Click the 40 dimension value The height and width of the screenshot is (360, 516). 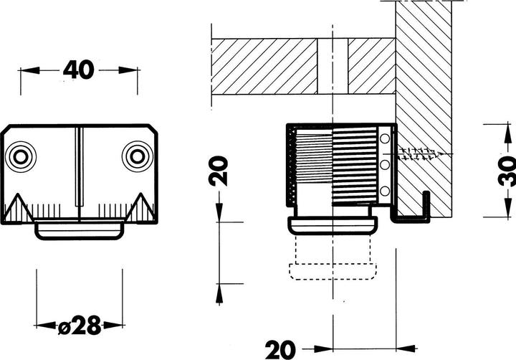tap(79, 70)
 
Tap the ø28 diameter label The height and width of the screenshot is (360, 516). tap(79, 327)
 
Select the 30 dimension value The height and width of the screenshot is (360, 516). tap(506, 171)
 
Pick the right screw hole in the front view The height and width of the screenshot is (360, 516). tap(135, 156)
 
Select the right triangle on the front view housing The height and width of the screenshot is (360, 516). tap(140, 209)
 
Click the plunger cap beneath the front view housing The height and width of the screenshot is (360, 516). tap(79, 230)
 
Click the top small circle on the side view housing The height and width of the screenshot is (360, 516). tap(385, 138)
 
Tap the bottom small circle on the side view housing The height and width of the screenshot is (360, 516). tap(385, 191)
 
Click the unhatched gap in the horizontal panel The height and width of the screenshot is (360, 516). tap(333, 65)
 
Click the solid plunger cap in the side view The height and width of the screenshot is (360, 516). tap(332, 224)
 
